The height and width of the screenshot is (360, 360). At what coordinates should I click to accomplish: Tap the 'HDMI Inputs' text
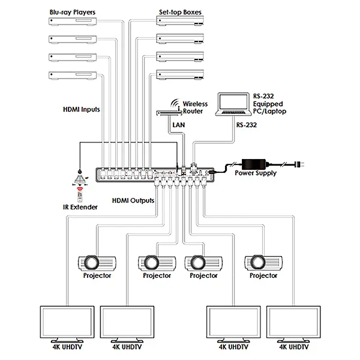[81, 110]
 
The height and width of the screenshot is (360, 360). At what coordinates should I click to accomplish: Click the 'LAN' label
[179, 125]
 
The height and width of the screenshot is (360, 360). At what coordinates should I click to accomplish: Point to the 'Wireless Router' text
[195, 107]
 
